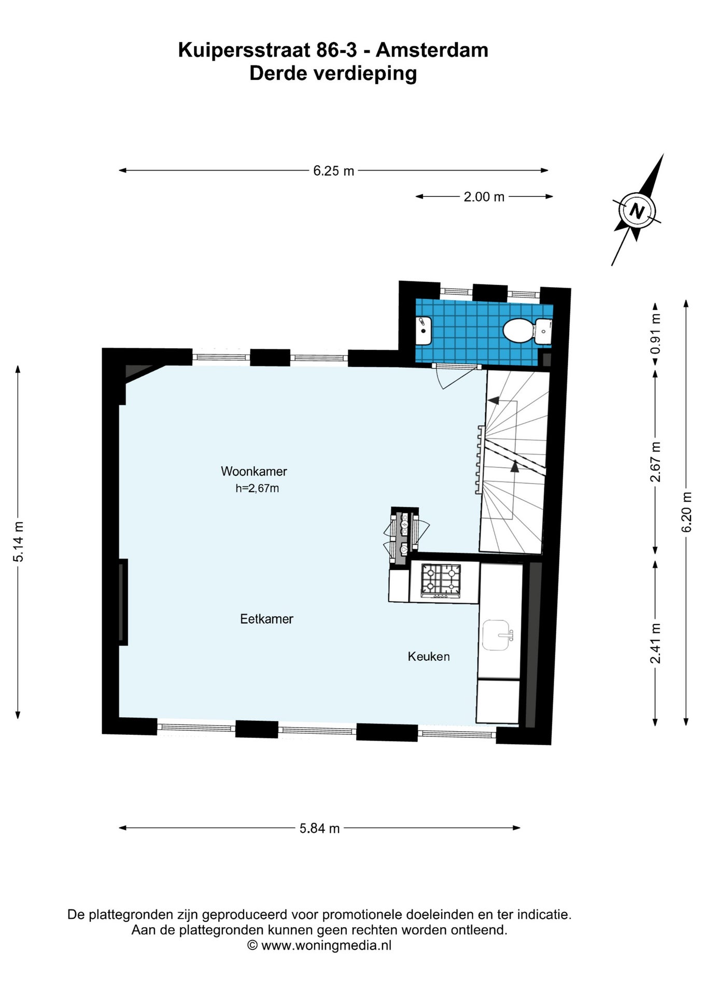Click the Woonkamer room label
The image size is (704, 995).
[x=254, y=471]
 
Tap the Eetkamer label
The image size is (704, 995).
[x=266, y=619]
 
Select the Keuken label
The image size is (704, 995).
[x=429, y=657]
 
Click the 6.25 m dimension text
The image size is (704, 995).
[x=333, y=170]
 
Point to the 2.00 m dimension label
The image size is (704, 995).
[x=484, y=196]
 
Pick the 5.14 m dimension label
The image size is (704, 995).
[x=19, y=542]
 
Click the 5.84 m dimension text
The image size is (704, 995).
[x=320, y=828]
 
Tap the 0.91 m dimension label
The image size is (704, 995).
[x=656, y=334]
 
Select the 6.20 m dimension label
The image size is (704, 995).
[x=686, y=512]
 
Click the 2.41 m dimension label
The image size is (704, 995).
[x=656, y=643]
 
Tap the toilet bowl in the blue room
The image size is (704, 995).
[x=519, y=330]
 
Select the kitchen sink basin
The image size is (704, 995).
[x=497, y=635]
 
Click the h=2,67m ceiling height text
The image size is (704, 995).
[x=257, y=488]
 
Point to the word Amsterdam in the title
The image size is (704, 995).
[x=432, y=50]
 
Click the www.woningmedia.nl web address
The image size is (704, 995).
[x=326, y=945]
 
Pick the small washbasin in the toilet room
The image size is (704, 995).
[x=423, y=330]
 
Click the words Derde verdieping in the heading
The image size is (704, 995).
[x=333, y=73]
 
